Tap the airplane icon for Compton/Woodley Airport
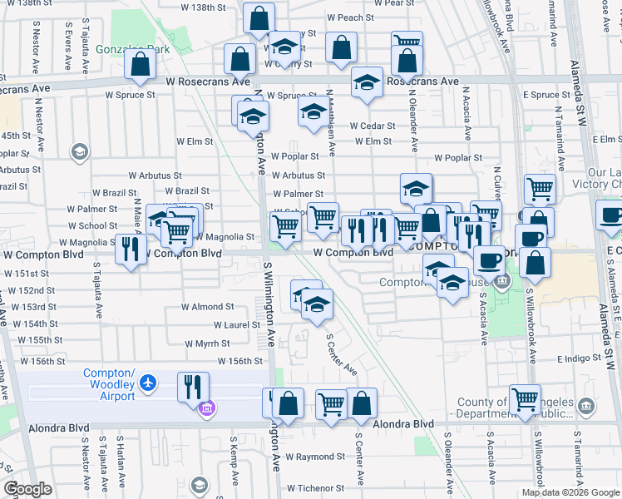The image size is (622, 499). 148,383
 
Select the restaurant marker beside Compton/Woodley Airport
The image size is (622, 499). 193,386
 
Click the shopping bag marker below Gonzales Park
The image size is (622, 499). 141,64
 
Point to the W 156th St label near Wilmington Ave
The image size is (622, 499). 240,361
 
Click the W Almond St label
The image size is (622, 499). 202,307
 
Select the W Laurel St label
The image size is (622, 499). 238,325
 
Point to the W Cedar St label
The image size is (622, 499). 371,126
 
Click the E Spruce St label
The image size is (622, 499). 546,95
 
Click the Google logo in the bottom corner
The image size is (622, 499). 28,488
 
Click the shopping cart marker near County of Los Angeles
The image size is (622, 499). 526,400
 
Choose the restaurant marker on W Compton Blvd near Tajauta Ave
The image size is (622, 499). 131,249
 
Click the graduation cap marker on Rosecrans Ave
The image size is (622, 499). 367,82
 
